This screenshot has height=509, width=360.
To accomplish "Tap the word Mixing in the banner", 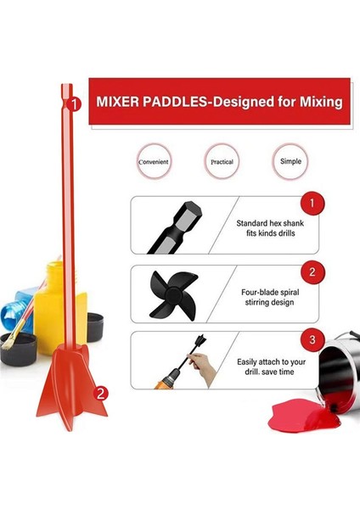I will point(315,103).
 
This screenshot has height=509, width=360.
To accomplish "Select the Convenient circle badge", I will point(154,160).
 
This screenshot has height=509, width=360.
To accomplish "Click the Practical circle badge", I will point(222,160).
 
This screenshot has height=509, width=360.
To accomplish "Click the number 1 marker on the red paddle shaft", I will point(75,105).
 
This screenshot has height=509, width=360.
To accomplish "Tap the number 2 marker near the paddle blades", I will point(101,393).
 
